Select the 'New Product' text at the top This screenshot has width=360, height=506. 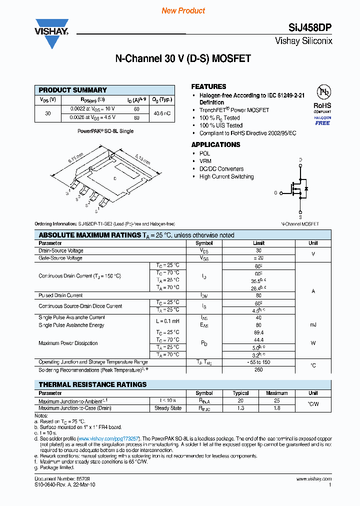[183, 10]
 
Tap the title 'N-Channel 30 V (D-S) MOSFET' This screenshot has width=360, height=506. [183, 58]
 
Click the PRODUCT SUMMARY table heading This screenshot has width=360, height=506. [73, 90]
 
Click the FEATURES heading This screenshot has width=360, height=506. [208, 86]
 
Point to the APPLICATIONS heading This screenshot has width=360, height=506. [215, 144]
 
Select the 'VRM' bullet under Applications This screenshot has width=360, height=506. [205, 161]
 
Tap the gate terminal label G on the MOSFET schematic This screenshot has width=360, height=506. [275, 192]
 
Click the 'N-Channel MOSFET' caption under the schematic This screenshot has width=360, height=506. [300, 224]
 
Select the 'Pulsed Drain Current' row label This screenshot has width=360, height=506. [60, 295]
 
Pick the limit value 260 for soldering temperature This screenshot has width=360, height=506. [258, 370]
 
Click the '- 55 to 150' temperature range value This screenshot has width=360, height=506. [258, 362]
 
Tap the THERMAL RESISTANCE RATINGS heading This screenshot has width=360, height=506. [92, 384]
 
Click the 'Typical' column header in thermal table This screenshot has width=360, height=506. [240, 393]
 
